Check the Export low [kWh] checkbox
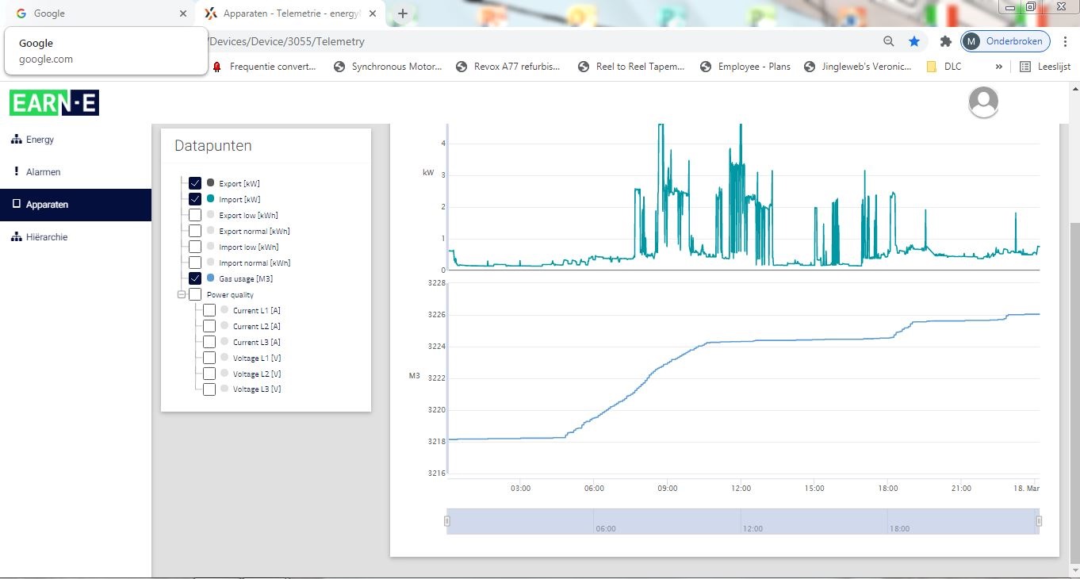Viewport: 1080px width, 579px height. [195, 215]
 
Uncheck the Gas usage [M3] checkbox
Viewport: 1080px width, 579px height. [195, 278]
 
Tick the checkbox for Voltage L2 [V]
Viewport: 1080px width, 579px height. [209, 374]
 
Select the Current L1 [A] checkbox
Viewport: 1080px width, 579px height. [209, 310]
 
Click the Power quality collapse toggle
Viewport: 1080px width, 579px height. [182, 294]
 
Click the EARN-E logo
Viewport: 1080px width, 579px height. [54, 102]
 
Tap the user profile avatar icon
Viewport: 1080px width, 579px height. [983, 102]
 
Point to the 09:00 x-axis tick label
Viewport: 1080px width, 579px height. [668, 489]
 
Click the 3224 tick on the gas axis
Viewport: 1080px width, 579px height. [436, 346]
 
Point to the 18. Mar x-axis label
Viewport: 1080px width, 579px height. [1026, 489]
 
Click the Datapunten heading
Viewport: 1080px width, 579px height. [213, 146]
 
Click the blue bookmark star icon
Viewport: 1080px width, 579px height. [913, 41]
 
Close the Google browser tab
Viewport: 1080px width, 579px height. [183, 13]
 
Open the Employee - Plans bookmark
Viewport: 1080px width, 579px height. [745, 67]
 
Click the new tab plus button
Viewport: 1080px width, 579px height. [403, 13]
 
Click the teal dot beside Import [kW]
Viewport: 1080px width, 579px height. [211, 198]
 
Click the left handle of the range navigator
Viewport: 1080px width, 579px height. [447, 521]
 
